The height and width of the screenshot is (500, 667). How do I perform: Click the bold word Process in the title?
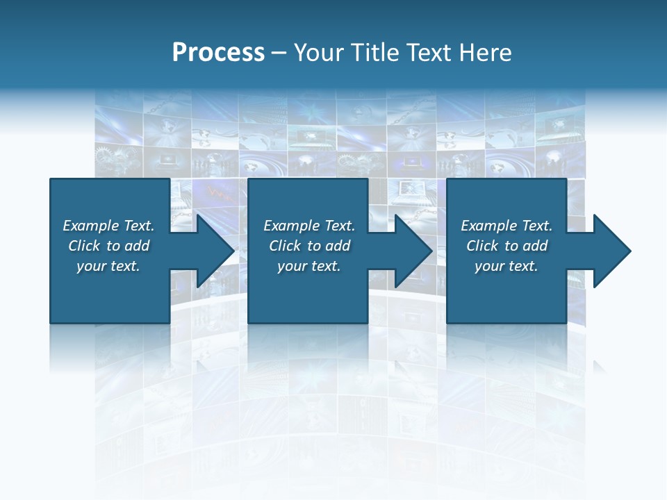(x=218, y=52)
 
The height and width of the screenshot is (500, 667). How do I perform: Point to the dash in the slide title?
(x=279, y=53)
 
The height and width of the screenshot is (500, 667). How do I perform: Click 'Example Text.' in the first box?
(x=108, y=226)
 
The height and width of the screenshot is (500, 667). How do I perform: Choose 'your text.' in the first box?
(x=108, y=266)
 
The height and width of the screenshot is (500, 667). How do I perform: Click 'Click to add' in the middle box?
(x=309, y=246)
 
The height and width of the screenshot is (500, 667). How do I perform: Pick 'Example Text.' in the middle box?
(x=309, y=226)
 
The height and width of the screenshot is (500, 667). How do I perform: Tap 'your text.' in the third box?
(x=507, y=266)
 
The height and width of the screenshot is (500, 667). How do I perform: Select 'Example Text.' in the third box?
(x=507, y=226)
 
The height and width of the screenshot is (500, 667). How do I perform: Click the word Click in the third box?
(x=482, y=246)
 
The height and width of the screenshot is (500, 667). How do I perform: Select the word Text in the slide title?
(x=431, y=52)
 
